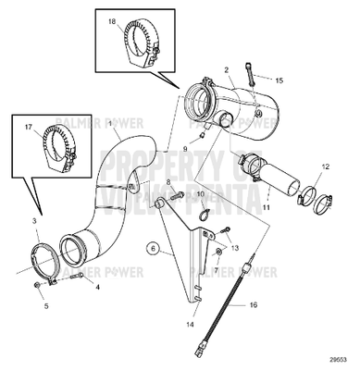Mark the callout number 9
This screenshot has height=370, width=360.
tap(185, 148)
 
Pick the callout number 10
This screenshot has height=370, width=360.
tap(202, 196)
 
